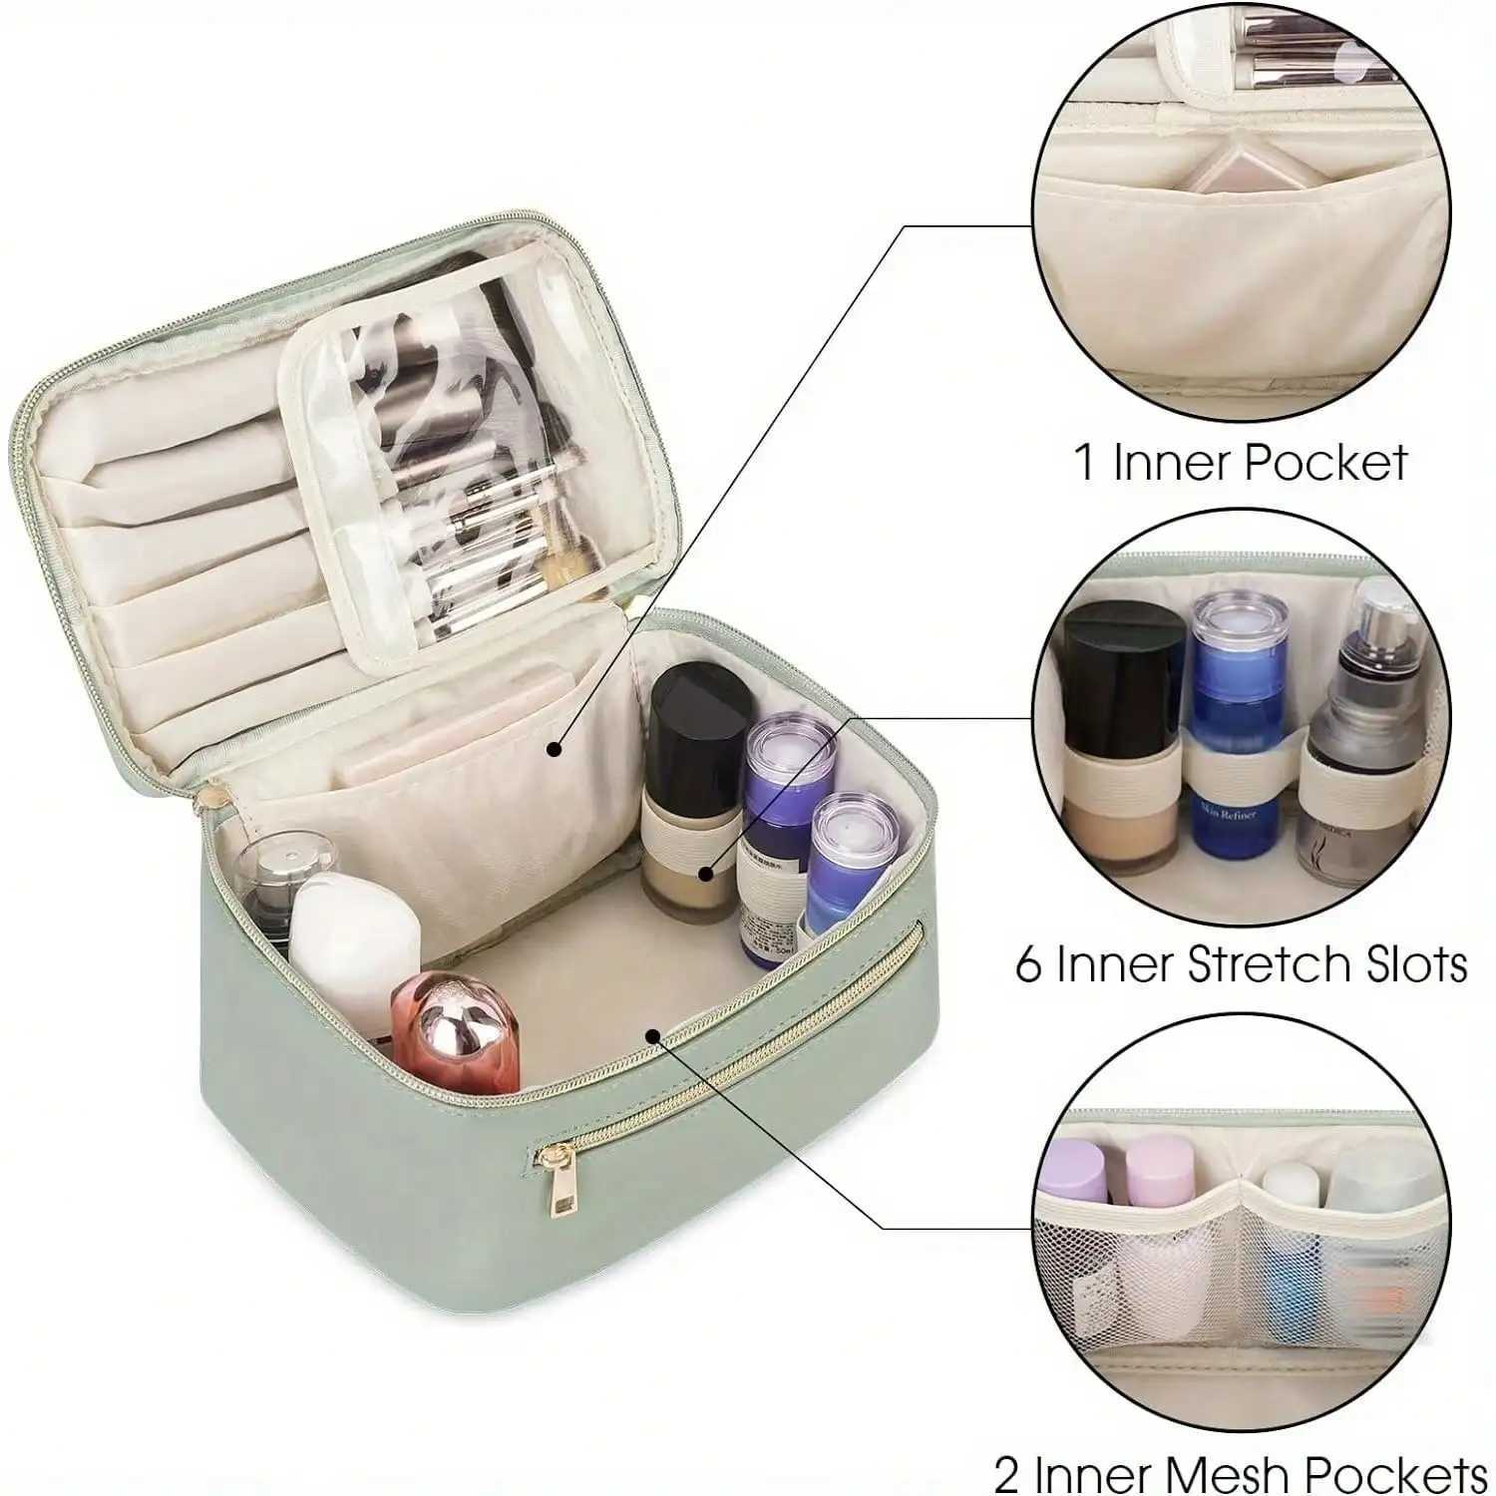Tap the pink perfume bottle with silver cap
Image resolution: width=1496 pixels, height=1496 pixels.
point(458,1033)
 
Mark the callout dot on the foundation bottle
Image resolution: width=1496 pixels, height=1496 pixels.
point(706,874)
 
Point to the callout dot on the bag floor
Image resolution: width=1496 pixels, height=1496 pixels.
point(652,1036)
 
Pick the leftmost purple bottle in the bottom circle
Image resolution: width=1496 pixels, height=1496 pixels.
point(1075,1172)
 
